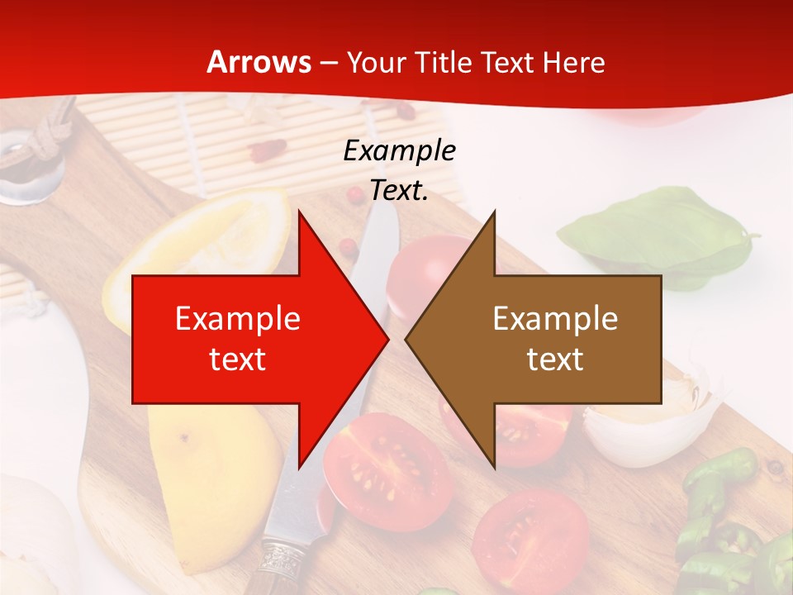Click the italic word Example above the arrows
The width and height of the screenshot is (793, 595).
point(399,151)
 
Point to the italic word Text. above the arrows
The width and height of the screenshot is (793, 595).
point(399,191)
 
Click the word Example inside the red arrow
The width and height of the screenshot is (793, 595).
point(238,319)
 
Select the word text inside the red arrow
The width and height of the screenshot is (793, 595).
point(238,359)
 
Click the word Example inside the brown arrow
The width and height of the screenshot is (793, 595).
point(555,319)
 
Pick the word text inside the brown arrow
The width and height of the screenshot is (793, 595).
point(555,359)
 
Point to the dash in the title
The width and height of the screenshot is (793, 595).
point(328,63)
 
